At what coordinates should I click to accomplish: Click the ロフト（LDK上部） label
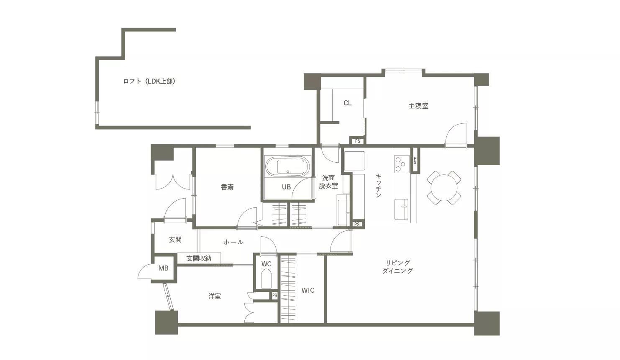149,82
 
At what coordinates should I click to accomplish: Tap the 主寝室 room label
418,106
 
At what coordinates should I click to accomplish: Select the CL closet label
347,103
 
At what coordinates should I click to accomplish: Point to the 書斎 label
227,187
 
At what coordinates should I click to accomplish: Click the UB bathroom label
286,187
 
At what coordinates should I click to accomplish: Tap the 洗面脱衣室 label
328,182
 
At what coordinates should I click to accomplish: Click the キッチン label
378,185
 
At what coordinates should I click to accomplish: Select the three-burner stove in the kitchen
401,164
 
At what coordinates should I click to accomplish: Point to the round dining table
444,188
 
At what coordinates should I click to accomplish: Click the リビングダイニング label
397,267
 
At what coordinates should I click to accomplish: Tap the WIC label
308,290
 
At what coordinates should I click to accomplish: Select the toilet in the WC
266,278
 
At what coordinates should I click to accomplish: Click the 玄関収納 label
199,259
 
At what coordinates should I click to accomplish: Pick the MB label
163,268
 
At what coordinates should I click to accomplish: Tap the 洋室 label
215,296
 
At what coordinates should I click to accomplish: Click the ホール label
233,242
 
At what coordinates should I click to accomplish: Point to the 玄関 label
175,240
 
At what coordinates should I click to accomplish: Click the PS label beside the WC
274,296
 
